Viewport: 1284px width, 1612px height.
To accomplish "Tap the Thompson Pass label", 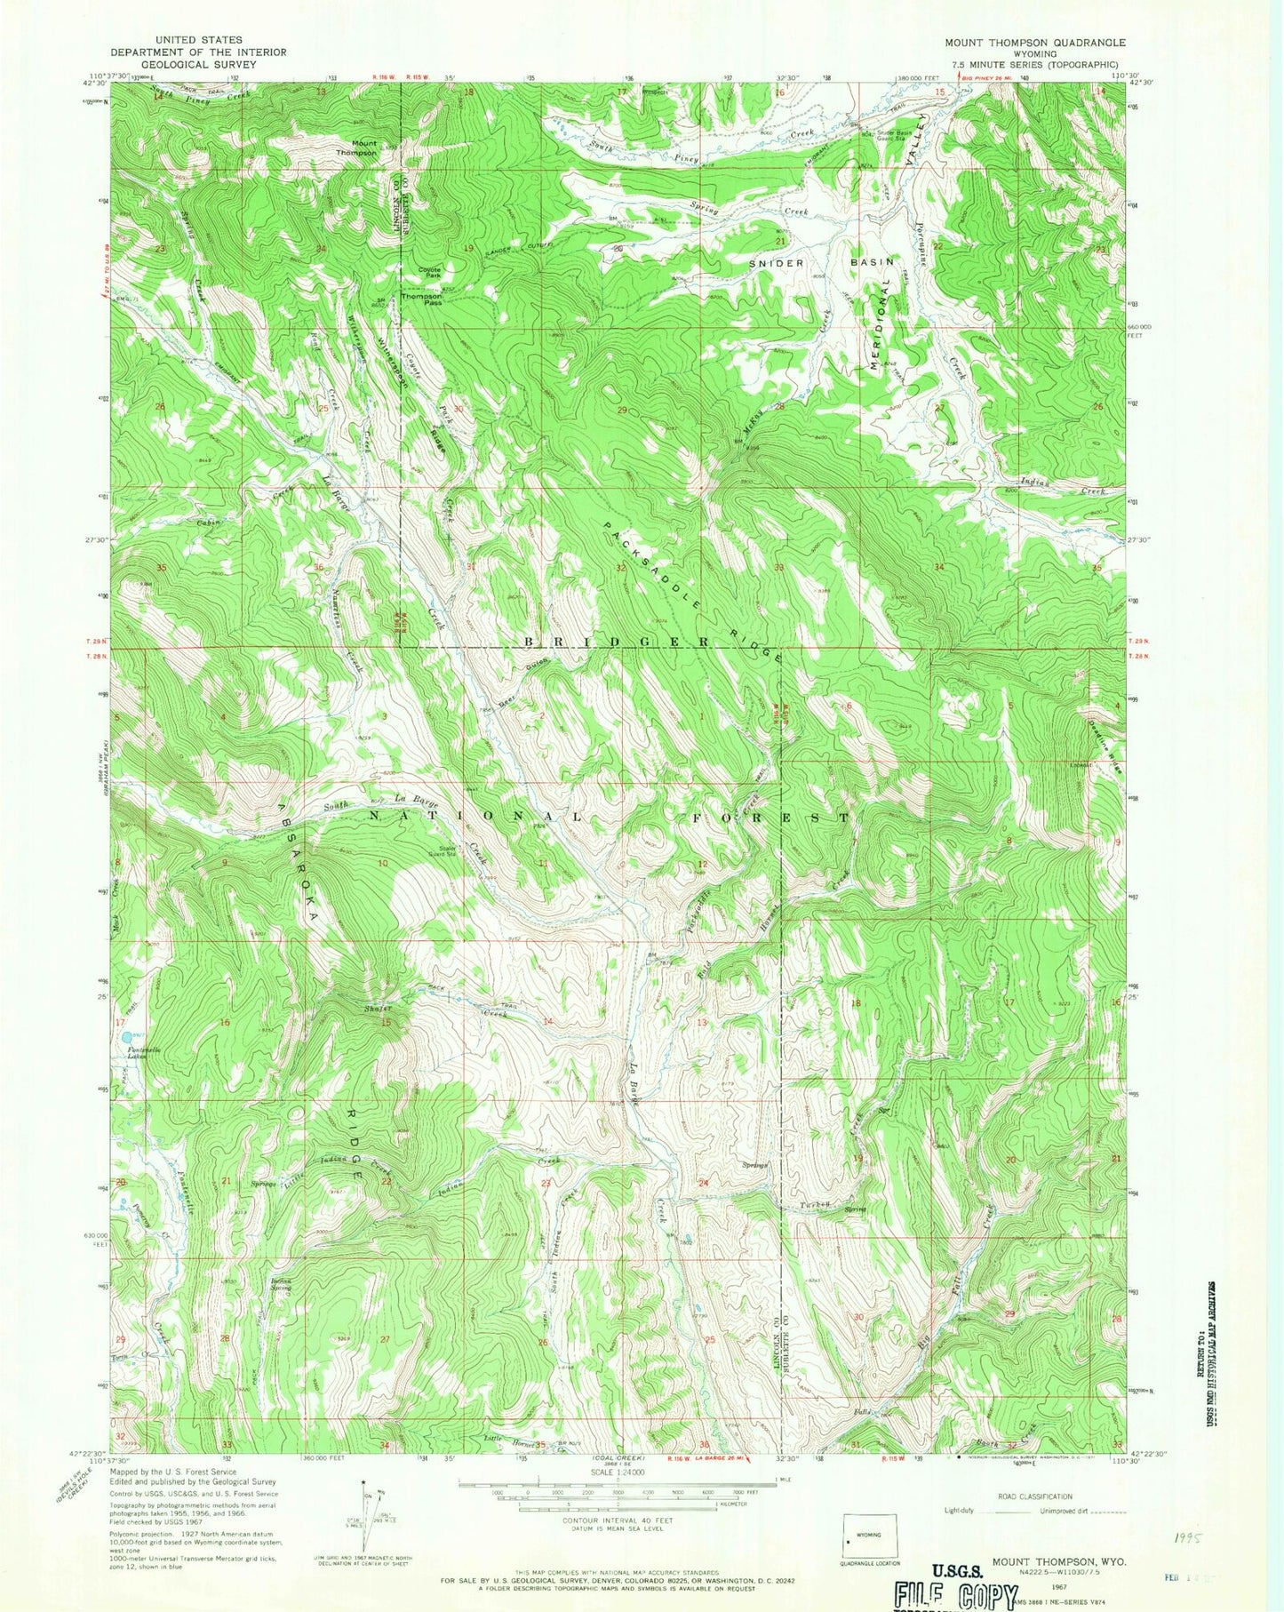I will (x=421, y=299).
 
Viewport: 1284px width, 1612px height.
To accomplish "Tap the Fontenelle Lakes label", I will (x=134, y=1053).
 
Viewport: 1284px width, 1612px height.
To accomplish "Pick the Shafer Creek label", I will (x=378, y=1008).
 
